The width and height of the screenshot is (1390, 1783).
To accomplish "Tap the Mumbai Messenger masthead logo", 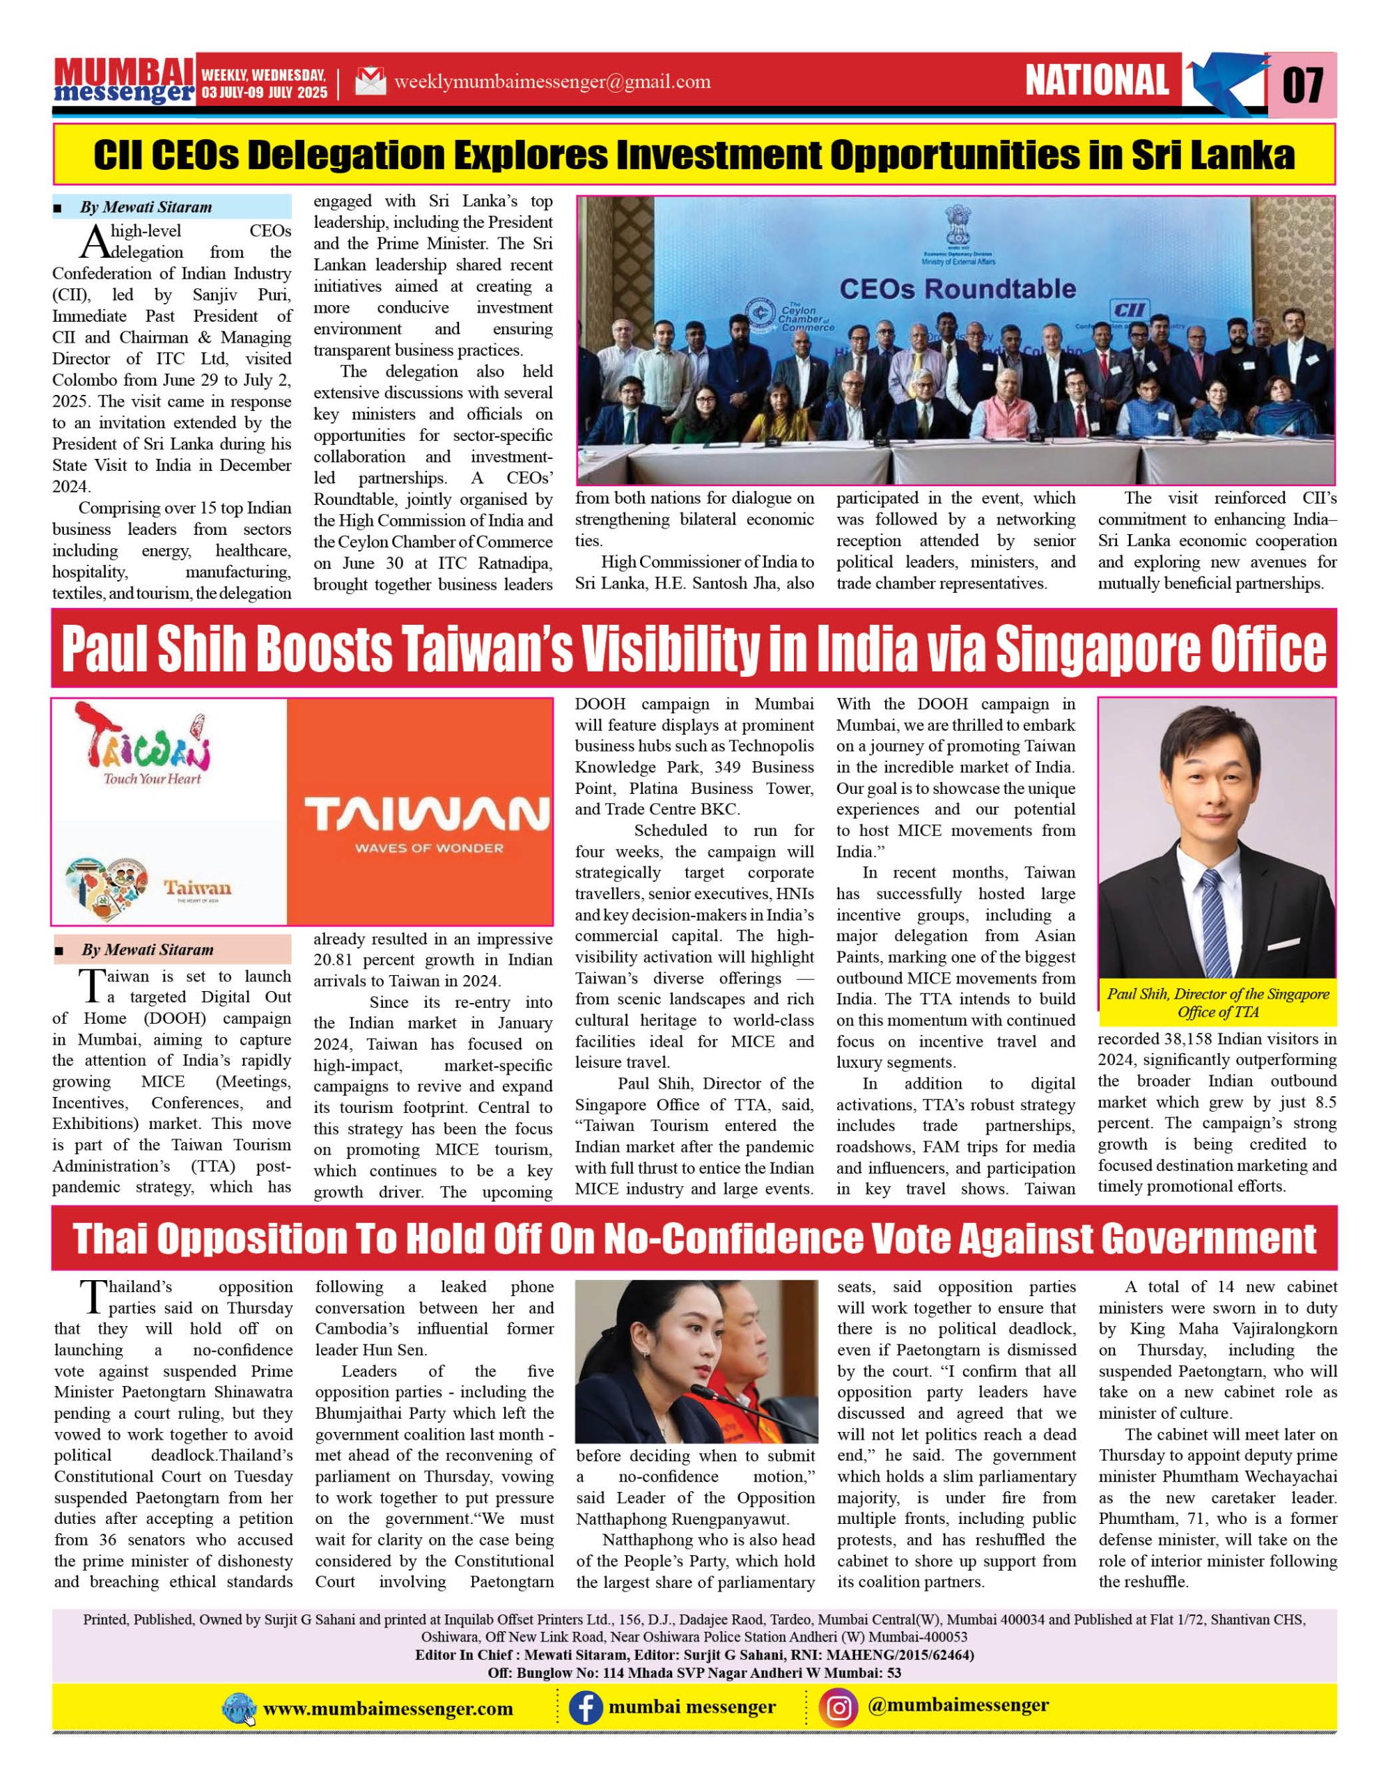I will pyautogui.click(x=124, y=81).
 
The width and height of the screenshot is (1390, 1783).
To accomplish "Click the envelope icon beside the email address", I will pyautogui.click(x=370, y=81).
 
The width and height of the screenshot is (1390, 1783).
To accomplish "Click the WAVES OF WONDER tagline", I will pyautogui.click(x=428, y=848).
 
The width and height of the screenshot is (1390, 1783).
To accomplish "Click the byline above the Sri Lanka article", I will pyautogui.click(x=146, y=208).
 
